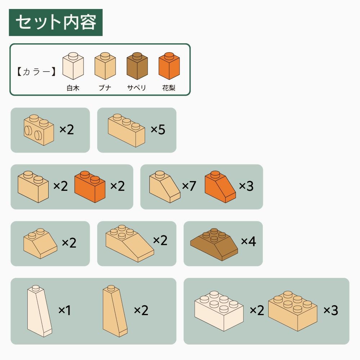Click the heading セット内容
[x=56, y=22]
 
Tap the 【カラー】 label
[x=36, y=72]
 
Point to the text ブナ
[x=105, y=88]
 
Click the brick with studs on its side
[x=39, y=130]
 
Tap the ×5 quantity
[x=158, y=130]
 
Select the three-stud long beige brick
[x=126, y=130]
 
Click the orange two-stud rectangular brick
[x=90, y=186]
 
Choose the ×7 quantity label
[x=189, y=186]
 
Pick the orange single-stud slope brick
[x=220, y=186]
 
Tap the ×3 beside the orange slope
[x=246, y=186]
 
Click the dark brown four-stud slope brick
[x=214, y=244]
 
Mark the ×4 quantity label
[x=248, y=241]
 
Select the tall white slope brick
[x=40, y=311]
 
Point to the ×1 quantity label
[x=64, y=310]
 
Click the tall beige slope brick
[x=115, y=311]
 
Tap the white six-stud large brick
[x=219, y=311]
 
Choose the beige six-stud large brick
[x=293, y=311]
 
